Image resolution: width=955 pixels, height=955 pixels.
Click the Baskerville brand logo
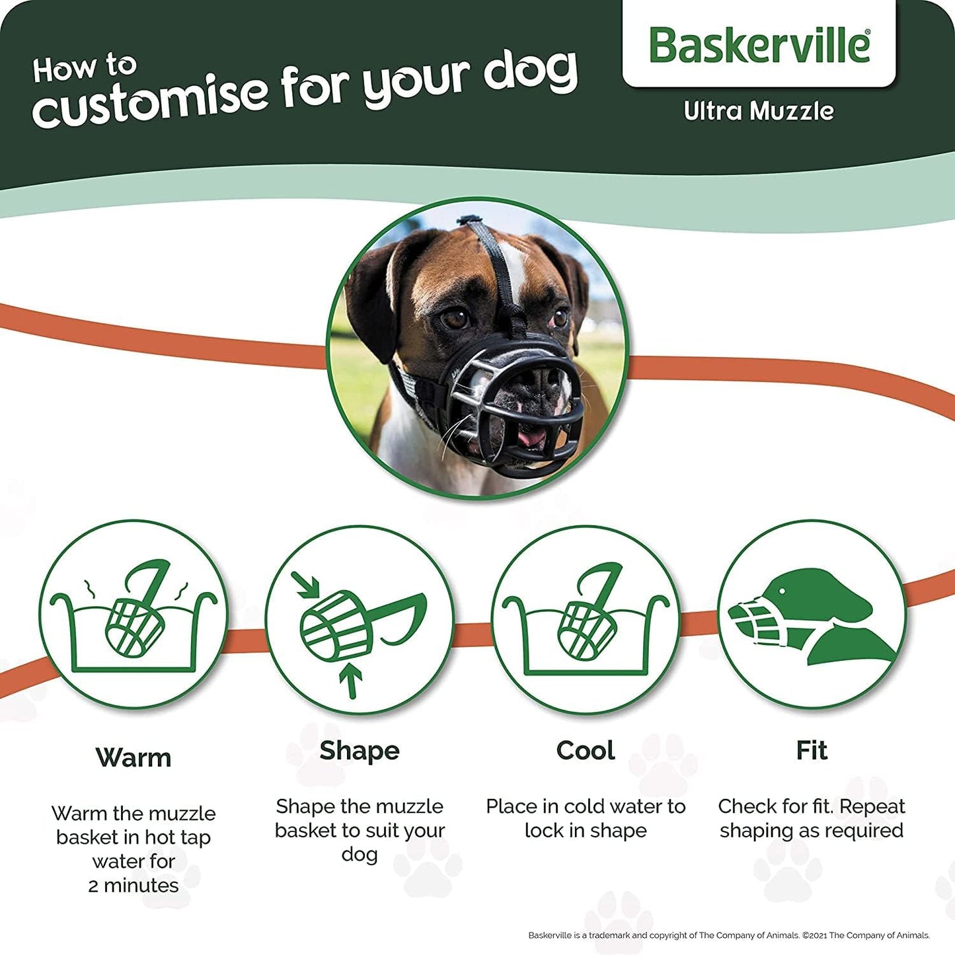(x=759, y=46)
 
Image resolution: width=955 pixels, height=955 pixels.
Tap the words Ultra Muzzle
(x=759, y=111)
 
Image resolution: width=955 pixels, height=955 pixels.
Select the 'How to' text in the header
(x=85, y=68)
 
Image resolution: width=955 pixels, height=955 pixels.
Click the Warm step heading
(x=134, y=757)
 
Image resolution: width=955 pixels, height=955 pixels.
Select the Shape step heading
(x=360, y=751)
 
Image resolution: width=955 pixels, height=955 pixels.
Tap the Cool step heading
(x=586, y=751)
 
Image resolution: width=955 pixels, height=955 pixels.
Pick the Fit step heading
(x=812, y=751)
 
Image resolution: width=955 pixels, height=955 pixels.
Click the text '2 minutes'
(x=134, y=886)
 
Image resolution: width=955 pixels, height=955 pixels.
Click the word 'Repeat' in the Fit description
(x=872, y=806)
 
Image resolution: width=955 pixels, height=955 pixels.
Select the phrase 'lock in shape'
(x=586, y=831)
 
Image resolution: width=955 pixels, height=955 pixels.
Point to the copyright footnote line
(x=729, y=935)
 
